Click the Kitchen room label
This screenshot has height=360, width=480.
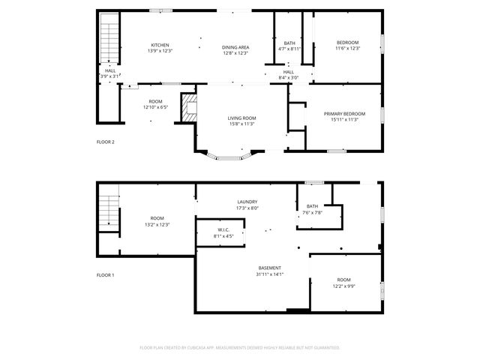point(160,48)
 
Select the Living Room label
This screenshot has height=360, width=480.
point(242,121)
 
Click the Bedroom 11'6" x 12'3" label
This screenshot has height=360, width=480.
point(347,45)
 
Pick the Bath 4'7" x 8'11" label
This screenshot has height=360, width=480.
point(289,46)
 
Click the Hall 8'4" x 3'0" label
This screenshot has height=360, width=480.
point(289,75)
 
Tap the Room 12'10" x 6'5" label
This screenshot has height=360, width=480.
point(155,104)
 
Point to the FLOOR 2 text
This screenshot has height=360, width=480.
point(106,142)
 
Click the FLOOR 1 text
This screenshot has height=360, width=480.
point(106,275)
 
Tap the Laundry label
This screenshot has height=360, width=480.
point(247,205)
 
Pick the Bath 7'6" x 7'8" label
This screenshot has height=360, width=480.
point(313,209)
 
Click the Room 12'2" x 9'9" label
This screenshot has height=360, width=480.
point(343,283)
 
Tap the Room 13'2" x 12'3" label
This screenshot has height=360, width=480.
point(157,221)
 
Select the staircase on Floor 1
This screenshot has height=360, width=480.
point(110,214)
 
